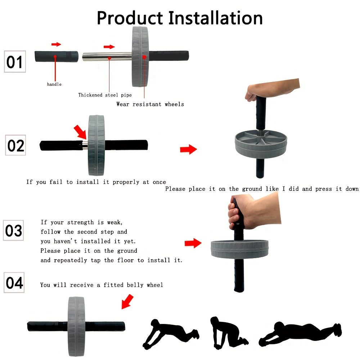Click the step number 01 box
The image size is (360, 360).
[x=15, y=62]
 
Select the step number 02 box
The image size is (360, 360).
[x=15, y=145]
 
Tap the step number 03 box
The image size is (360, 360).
[x=13, y=230]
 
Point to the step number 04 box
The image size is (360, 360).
[x=14, y=283]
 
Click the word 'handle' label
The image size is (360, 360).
[x=54, y=84]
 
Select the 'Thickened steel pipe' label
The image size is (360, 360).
[x=105, y=95]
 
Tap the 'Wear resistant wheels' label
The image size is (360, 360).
[x=150, y=104]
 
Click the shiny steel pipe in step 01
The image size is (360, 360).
[x=107, y=57]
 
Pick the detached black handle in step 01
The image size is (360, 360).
[x=57, y=57]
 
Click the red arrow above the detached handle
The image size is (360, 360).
[x=56, y=44]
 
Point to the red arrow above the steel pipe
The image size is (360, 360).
[x=109, y=47]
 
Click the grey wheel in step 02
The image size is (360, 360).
[x=96, y=145]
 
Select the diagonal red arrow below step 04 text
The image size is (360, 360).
[x=127, y=301]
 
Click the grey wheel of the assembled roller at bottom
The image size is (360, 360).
[x=76, y=327]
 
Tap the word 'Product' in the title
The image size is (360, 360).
[x=130, y=18]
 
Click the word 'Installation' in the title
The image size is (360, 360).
[x=216, y=18]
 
